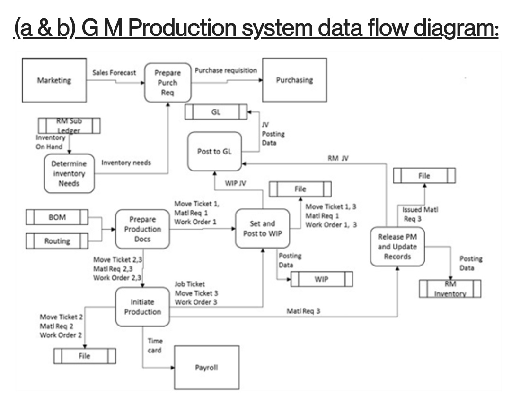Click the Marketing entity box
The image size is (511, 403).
coord(53,80)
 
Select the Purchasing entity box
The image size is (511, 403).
coord(294,80)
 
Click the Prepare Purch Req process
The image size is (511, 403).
coord(166,83)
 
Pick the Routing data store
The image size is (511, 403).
coord(57,241)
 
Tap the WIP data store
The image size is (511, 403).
coord(321,279)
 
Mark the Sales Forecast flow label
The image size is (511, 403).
coord(115,72)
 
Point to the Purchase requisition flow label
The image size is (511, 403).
coord(226,70)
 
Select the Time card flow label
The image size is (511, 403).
coord(155,345)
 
